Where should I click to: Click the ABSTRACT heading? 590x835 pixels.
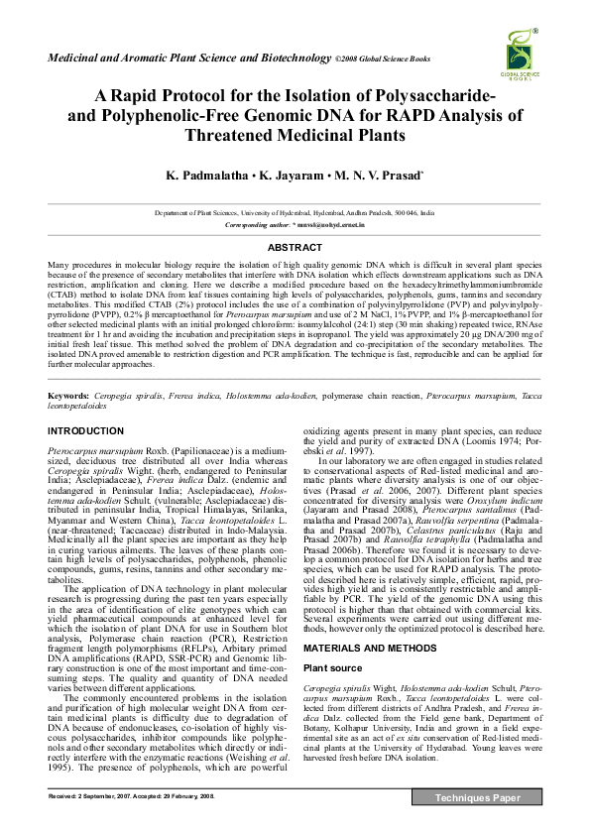295,247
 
